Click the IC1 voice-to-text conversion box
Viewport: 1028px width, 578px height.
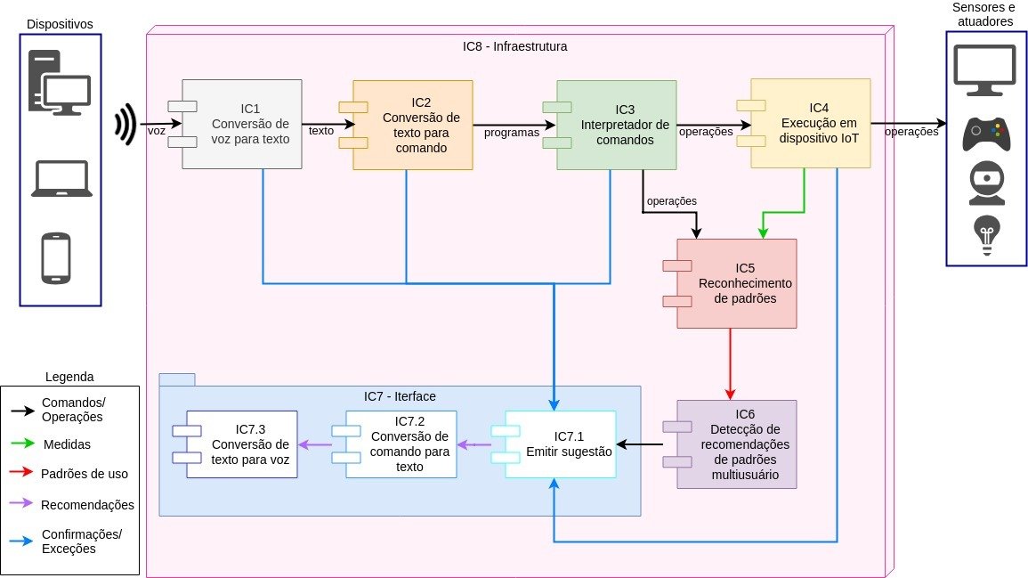click(242, 124)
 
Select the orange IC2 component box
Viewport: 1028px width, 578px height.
click(413, 125)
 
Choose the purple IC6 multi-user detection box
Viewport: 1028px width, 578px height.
click(737, 444)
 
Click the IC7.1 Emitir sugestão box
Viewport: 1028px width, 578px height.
click(560, 444)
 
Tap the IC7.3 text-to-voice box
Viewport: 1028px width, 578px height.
click(241, 444)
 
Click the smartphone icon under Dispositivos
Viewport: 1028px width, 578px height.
click(56, 257)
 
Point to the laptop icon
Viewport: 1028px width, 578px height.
click(61, 178)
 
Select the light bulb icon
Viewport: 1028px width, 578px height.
click(986, 236)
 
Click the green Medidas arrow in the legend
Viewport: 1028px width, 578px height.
click(22, 443)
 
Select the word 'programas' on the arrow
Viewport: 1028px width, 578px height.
click(512, 133)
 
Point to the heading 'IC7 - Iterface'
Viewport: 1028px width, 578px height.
click(400, 395)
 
